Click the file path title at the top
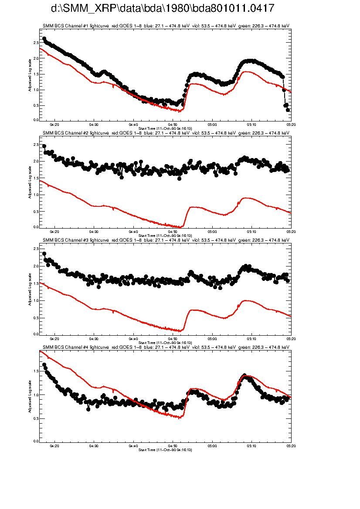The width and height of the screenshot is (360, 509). coord(163,9)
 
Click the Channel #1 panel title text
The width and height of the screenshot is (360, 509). coord(166,26)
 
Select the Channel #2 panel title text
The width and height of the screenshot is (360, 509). coord(166,132)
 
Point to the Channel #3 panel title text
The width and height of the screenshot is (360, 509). coord(166,239)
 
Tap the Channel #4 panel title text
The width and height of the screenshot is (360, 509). coord(166,347)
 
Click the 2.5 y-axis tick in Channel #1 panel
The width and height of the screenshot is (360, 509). coord(35,43)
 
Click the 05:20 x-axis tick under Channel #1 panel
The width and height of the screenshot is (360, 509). coord(291,124)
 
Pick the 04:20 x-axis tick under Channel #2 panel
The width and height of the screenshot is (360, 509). coord(55,231)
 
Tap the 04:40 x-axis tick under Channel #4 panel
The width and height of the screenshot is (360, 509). coord(133,445)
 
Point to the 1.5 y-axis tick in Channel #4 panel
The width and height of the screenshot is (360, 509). coord(35,371)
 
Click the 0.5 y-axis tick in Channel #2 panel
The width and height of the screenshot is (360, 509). coord(35,211)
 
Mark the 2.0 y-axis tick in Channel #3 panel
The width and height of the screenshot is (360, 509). coord(35,266)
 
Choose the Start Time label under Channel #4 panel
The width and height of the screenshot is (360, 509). coord(165,449)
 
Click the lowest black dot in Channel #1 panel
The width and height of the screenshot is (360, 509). coord(288,110)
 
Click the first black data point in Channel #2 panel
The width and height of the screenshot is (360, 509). coord(44,146)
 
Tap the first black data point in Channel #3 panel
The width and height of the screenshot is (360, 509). coord(44,254)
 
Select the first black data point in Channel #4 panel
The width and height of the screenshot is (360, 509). coord(44,365)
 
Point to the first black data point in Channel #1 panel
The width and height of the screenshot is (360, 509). coord(44,39)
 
